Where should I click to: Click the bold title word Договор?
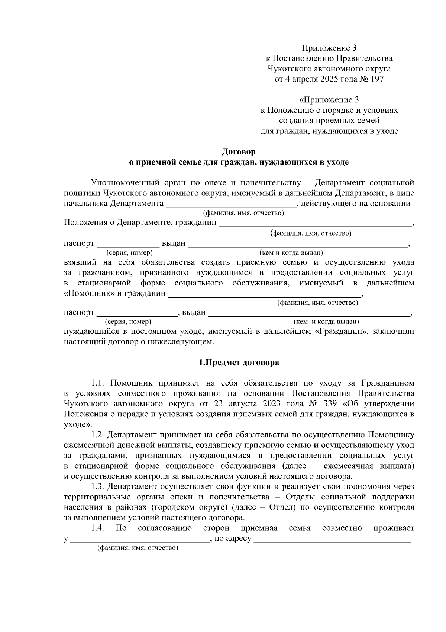pyautogui.click(x=239, y=152)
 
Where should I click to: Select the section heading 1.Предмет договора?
pyautogui.click(x=239, y=363)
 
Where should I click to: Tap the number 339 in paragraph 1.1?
pyautogui.click(x=330, y=404)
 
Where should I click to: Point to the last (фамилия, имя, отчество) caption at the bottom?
pyautogui.click(x=138, y=549)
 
